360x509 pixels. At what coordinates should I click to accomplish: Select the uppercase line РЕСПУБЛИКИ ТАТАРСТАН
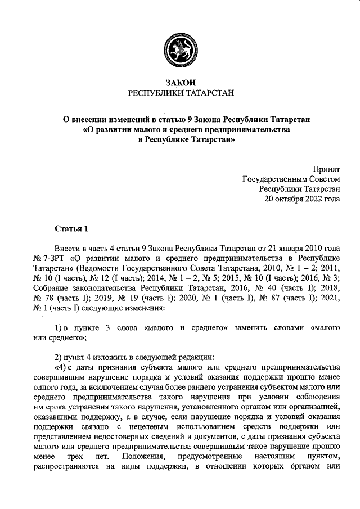(x=180, y=93)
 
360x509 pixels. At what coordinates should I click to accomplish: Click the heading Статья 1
(x=71, y=228)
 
